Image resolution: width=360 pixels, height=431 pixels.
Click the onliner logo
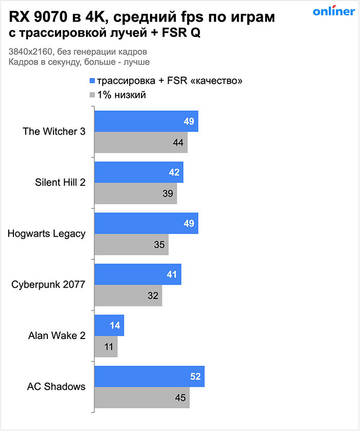coord(334,12)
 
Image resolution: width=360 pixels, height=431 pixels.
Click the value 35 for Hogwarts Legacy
coord(159,245)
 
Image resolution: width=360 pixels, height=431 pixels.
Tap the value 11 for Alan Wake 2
coord(109,347)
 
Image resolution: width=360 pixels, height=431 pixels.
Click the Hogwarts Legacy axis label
coord(46,234)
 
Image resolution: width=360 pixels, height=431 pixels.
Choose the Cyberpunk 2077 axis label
coord(49,285)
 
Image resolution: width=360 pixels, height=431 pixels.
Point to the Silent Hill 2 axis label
coord(60,182)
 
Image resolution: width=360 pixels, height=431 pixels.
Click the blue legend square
coord(93,81)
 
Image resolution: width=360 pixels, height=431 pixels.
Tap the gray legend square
coord(93,95)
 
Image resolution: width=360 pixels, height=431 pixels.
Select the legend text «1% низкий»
coord(121,95)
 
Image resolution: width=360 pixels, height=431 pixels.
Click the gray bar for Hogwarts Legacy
coord(131,245)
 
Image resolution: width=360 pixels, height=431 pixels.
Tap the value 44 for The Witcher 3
coord(178,142)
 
